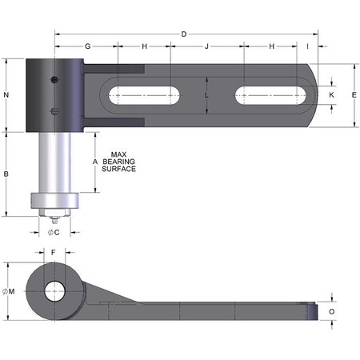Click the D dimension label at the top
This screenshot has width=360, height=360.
point(184,34)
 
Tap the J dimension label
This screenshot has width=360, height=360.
point(206,46)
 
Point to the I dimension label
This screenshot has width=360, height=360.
point(308,46)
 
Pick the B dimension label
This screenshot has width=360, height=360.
point(6,174)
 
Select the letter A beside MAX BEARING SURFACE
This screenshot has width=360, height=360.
point(95,162)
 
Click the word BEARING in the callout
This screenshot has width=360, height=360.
point(119,162)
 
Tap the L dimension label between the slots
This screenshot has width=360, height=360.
point(206,94)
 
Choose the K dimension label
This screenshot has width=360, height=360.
point(331,94)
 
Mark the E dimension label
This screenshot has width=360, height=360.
point(354,94)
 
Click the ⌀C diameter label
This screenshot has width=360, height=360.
point(53,232)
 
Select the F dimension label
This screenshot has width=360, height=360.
point(54,252)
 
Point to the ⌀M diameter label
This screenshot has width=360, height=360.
point(9,291)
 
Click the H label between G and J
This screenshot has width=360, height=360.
point(145,46)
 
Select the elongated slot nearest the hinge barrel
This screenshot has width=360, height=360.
point(145,95)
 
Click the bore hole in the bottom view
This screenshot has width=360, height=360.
point(54,291)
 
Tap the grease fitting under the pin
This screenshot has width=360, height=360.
point(54,218)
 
